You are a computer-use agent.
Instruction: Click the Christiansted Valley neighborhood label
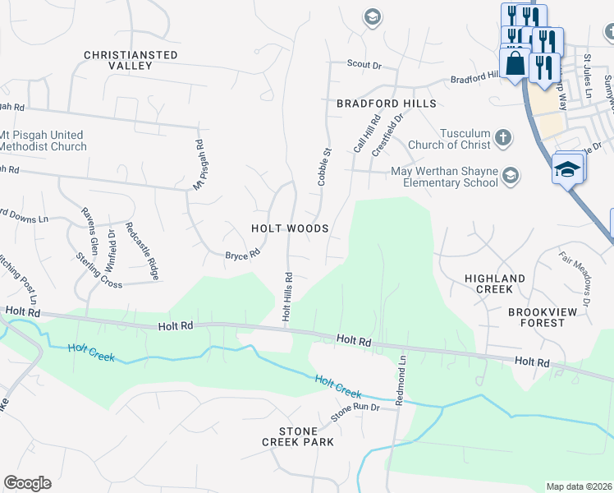coord(131,60)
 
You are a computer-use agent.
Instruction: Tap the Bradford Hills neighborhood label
coord(386,104)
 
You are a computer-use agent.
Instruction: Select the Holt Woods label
coord(291,228)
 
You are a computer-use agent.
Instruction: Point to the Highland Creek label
coord(494,284)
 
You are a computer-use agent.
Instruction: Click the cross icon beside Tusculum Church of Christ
coord(503,138)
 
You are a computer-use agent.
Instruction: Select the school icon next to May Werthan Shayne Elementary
coord(511,175)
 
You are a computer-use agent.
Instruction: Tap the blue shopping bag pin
coord(515,63)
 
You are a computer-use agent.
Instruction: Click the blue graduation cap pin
coord(567,168)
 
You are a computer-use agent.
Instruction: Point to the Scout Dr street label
coord(364,64)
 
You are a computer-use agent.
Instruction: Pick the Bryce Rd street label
coord(242,255)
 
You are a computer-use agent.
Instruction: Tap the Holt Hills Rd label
coord(287,296)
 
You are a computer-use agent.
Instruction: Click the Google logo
coord(27,483)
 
